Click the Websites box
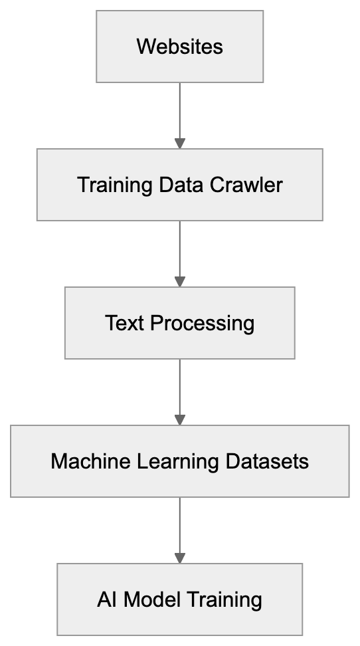tap(179, 47)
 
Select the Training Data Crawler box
tap(179, 185)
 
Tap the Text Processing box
tap(179, 323)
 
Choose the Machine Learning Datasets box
tap(179, 461)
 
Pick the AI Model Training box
tap(179, 599)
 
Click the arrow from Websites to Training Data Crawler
tap(179, 113)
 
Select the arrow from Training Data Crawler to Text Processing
tap(179, 251)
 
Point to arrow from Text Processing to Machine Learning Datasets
tap(179, 389)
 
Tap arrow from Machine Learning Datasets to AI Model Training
tap(179, 528)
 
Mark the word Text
tap(125, 323)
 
